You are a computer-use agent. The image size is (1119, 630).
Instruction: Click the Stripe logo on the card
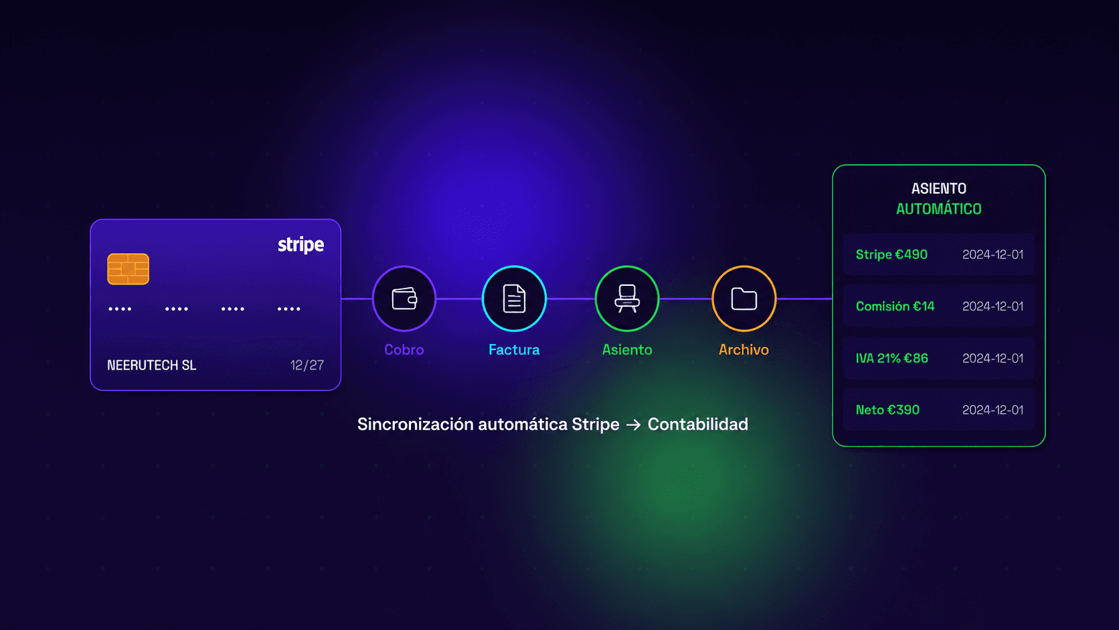tap(300, 245)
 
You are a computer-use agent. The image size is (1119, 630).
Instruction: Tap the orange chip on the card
tap(128, 268)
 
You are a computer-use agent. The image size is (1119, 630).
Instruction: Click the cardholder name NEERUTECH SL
tap(151, 365)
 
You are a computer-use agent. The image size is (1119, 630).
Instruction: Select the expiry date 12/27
tap(307, 365)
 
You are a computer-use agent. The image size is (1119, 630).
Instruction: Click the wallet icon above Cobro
tap(404, 299)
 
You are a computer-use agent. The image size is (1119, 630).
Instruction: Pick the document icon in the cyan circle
tap(514, 299)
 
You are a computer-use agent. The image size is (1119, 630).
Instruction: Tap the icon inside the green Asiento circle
tap(627, 299)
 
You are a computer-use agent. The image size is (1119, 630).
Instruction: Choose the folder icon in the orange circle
tap(744, 299)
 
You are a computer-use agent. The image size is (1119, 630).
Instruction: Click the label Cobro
tap(404, 349)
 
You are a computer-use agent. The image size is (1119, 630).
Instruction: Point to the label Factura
tap(514, 349)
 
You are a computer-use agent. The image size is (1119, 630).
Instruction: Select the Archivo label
tap(744, 349)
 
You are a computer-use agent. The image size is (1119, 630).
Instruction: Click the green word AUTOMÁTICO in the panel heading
tap(939, 209)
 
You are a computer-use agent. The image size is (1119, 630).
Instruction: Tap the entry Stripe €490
tap(891, 255)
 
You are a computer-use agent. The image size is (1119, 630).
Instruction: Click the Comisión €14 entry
tap(895, 306)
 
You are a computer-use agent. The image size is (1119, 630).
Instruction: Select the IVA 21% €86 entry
tap(891, 358)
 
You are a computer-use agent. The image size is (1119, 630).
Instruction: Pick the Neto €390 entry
tap(887, 410)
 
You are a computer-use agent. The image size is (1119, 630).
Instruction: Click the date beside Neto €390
tap(993, 410)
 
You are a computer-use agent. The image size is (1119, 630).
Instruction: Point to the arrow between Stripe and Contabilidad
tap(633, 424)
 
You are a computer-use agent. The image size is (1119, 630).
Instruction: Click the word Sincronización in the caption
tap(415, 424)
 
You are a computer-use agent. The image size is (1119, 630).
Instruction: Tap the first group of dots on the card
tap(120, 309)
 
